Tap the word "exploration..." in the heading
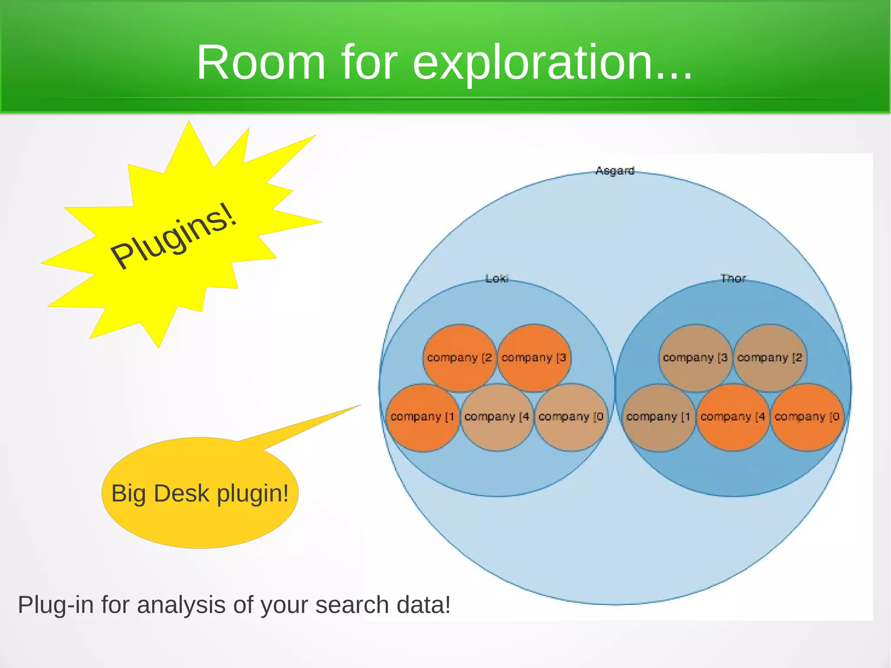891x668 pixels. point(553,63)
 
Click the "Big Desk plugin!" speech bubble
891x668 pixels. point(200,493)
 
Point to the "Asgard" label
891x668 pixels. point(615,171)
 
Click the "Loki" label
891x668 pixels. point(497,279)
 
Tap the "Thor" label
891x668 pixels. point(733,279)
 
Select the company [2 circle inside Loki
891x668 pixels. point(459,358)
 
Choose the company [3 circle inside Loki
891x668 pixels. point(534,358)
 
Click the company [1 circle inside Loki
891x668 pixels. point(422,417)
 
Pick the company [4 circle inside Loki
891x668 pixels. point(497,417)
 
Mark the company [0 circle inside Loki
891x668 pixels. point(571,417)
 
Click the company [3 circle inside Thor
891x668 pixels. point(695,358)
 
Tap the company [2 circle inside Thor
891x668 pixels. point(770,358)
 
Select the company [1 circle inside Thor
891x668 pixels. point(658,417)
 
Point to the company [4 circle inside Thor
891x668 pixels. point(733,417)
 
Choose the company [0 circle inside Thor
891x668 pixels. point(807,417)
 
